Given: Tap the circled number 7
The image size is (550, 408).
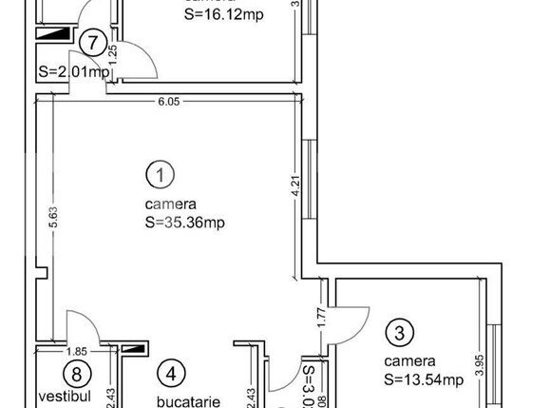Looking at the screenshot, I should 91,42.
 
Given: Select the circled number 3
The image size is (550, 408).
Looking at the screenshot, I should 400,333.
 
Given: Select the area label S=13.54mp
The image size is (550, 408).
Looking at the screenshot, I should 424,380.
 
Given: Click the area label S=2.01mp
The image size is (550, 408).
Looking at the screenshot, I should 68,71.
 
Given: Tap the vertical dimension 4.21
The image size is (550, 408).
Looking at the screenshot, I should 294,185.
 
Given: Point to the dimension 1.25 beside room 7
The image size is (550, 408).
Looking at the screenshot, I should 112,53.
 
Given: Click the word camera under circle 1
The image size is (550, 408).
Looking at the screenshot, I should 171,204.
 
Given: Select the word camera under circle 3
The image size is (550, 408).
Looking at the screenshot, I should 410,361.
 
